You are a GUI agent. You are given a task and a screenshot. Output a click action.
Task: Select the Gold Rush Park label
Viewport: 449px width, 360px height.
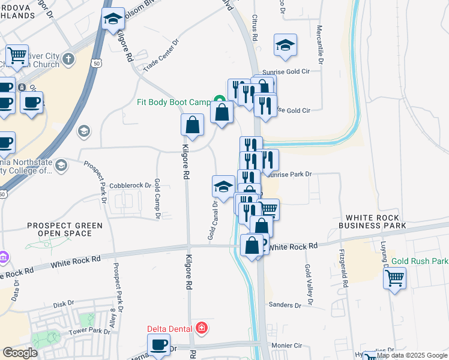point(420,262)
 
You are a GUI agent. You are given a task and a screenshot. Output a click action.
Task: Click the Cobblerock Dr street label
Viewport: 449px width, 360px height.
point(130,185)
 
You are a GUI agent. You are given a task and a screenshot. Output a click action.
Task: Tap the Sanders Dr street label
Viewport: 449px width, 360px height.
point(285,305)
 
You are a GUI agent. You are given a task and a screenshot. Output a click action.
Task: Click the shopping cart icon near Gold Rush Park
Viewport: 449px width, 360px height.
point(394,277)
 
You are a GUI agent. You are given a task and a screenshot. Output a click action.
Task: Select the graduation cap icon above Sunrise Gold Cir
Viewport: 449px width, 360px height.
point(286,45)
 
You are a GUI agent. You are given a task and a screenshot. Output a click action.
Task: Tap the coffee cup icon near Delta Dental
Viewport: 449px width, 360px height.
point(159,345)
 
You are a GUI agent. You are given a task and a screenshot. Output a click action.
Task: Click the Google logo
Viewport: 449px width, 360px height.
point(20,353)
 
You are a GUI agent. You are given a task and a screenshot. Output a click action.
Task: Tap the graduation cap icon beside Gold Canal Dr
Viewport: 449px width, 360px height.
point(223,186)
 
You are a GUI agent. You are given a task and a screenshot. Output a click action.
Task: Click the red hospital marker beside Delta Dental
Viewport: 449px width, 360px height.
point(202,328)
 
